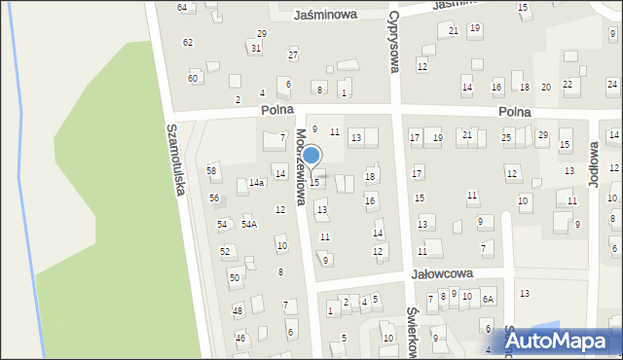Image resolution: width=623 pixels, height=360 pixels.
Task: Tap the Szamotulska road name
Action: click(x=175, y=161)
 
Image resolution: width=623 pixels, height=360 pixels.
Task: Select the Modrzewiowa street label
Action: click(x=303, y=166)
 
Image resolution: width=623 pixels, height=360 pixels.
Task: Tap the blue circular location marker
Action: click(x=311, y=156)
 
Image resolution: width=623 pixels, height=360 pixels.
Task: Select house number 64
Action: click(x=182, y=7)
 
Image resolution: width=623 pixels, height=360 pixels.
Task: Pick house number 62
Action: click(x=187, y=42)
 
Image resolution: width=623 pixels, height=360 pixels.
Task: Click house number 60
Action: click(x=193, y=77)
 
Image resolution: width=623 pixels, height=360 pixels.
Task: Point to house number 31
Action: click(x=255, y=48)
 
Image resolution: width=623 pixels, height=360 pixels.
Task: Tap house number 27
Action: click(x=292, y=54)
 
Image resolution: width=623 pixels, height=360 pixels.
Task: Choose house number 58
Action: click(x=211, y=170)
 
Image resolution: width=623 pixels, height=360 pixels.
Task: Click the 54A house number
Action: click(x=249, y=225)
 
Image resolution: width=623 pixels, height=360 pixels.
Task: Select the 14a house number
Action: click(x=256, y=182)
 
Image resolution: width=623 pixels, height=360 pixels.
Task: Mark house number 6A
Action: click(x=488, y=299)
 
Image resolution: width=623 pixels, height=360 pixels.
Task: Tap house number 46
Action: click(x=239, y=338)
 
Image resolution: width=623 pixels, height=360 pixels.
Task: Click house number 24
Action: click(x=611, y=85)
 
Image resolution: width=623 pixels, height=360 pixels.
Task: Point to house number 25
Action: click(x=506, y=137)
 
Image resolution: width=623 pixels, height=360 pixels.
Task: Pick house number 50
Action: click(x=234, y=277)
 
